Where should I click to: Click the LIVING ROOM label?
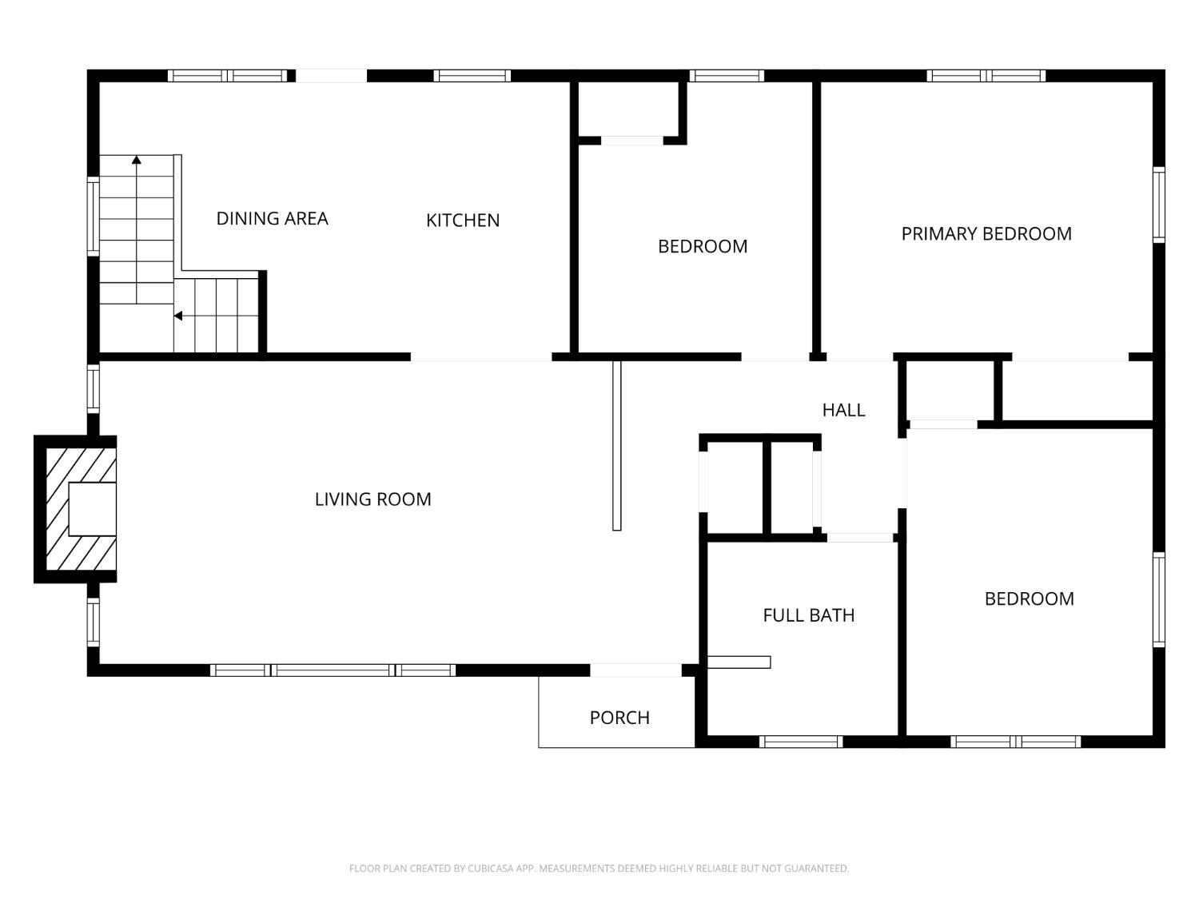coord(372,499)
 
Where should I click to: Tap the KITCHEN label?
coord(463,221)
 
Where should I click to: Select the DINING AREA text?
coord(272,218)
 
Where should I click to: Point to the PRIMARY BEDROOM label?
coord(986,234)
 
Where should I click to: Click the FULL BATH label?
coord(808,615)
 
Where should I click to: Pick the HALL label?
coord(843,410)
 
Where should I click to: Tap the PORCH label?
coord(619,718)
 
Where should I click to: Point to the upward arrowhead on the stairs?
coord(137,161)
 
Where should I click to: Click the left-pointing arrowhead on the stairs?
coord(178,316)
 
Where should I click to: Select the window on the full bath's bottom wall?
coord(800,742)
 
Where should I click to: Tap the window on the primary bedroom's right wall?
coord(1158,205)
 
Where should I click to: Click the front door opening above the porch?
coord(635,670)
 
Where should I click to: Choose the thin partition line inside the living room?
coord(616,445)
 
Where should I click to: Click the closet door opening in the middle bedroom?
coord(631,141)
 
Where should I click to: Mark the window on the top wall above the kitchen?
coord(472,76)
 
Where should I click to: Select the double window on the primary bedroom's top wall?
coord(986,76)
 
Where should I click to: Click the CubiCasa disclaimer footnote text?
coord(599,868)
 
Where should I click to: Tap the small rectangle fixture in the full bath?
coord(739,662)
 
